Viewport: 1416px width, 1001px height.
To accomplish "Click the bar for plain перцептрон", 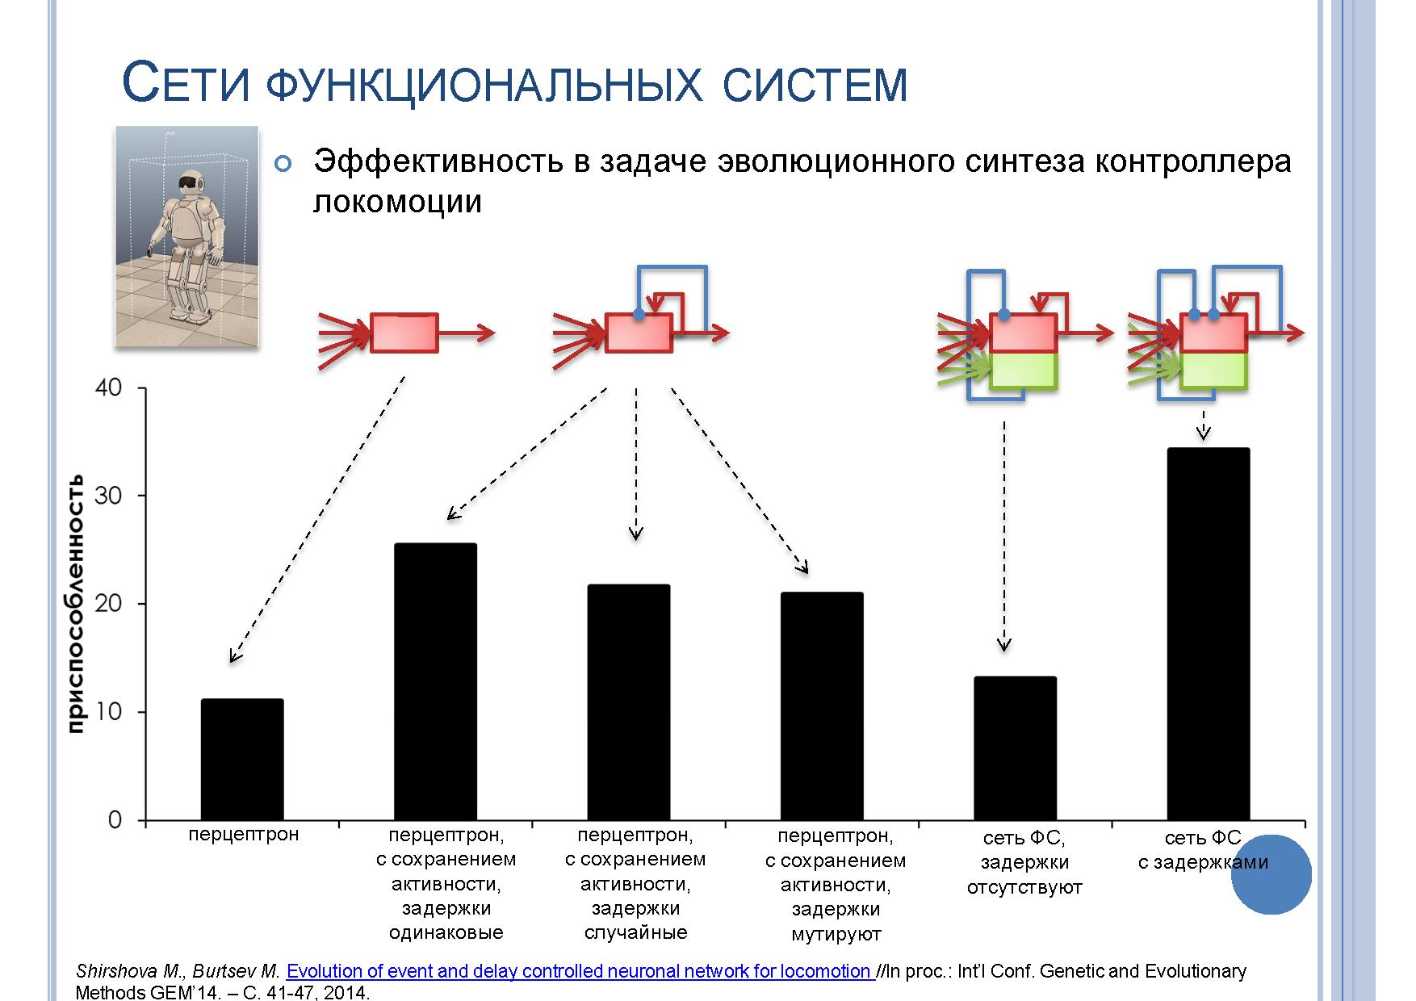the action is point(242,760).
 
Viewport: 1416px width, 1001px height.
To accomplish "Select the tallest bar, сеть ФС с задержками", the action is point(1209,634).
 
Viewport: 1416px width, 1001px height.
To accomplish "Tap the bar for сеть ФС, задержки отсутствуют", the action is point(1015,748).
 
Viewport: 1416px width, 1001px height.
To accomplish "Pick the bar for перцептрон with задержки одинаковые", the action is point(435,682).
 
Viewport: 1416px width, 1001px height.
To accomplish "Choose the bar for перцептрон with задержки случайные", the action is point(629,702).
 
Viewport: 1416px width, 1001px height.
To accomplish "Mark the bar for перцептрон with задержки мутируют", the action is point(822,706).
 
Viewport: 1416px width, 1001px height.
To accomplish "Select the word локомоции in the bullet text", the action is point(397,201).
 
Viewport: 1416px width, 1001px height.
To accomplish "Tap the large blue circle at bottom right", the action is point(1271,874).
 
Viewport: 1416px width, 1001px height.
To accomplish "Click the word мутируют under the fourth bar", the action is point(836,934).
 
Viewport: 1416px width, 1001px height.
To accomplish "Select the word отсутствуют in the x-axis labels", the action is point(1024,888).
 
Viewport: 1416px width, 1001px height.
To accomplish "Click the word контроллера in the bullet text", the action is point(1193,161).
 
